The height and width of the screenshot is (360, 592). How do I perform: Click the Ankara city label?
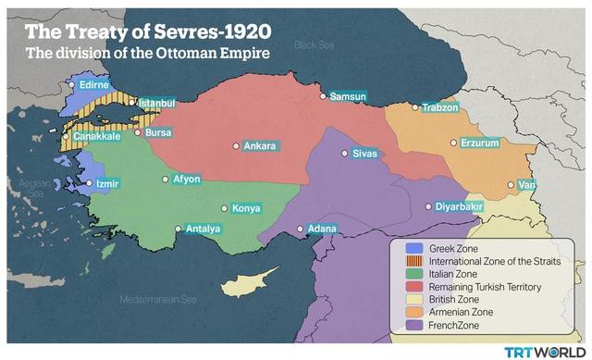pos(260,145)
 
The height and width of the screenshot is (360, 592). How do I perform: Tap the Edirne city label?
pos(94,84)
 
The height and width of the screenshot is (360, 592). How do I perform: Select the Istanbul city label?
pos(156,102)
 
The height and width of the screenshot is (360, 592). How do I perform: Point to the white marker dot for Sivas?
pos(345,153)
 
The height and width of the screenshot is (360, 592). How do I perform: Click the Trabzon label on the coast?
pos(439,107)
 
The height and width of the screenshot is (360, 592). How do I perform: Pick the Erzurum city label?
pos(480,143)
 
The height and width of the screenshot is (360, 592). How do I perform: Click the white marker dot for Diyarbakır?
pos(428,207)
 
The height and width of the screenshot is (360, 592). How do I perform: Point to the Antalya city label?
pos(203,229)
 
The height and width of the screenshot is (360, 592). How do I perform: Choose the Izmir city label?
pos(108,183)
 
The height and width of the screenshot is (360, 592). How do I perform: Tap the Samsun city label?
pos(349,96)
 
